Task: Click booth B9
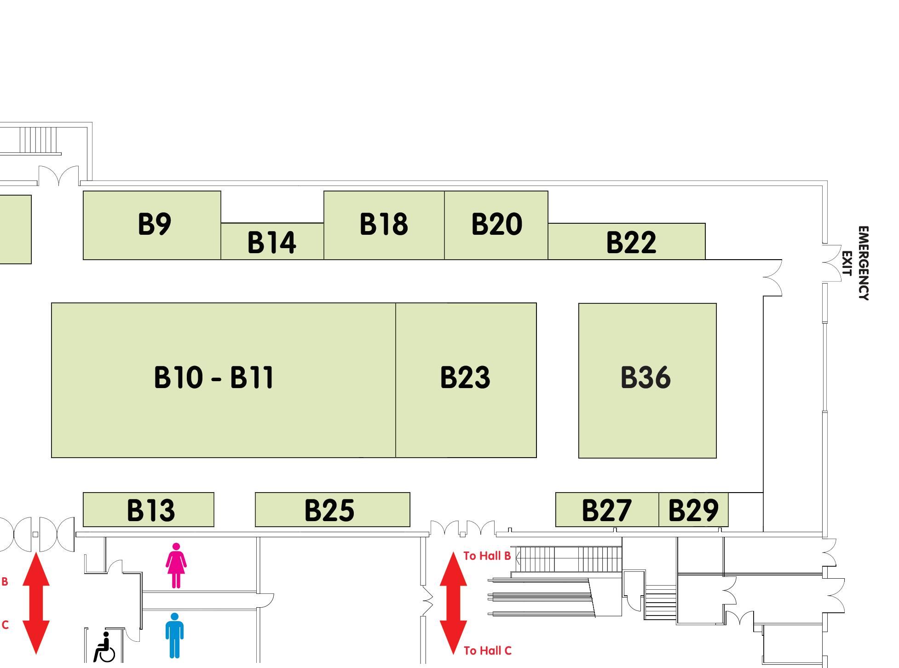tap(152, 225)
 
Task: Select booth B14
tap(272, 242)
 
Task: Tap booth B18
tap(384, 225)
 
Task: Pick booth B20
tap(496, 225)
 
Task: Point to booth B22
tap(631, 242)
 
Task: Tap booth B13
tap(150, 510)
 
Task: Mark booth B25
tap(330, 510)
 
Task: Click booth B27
tap(607, 510)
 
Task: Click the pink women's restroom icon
tap(176, 565)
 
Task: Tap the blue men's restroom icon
tap(174, 635)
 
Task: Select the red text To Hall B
tap(487, 556)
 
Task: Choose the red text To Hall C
tap(487, 651)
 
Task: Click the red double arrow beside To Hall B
tap(453, 603)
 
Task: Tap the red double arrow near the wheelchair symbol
tap(36, 603)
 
